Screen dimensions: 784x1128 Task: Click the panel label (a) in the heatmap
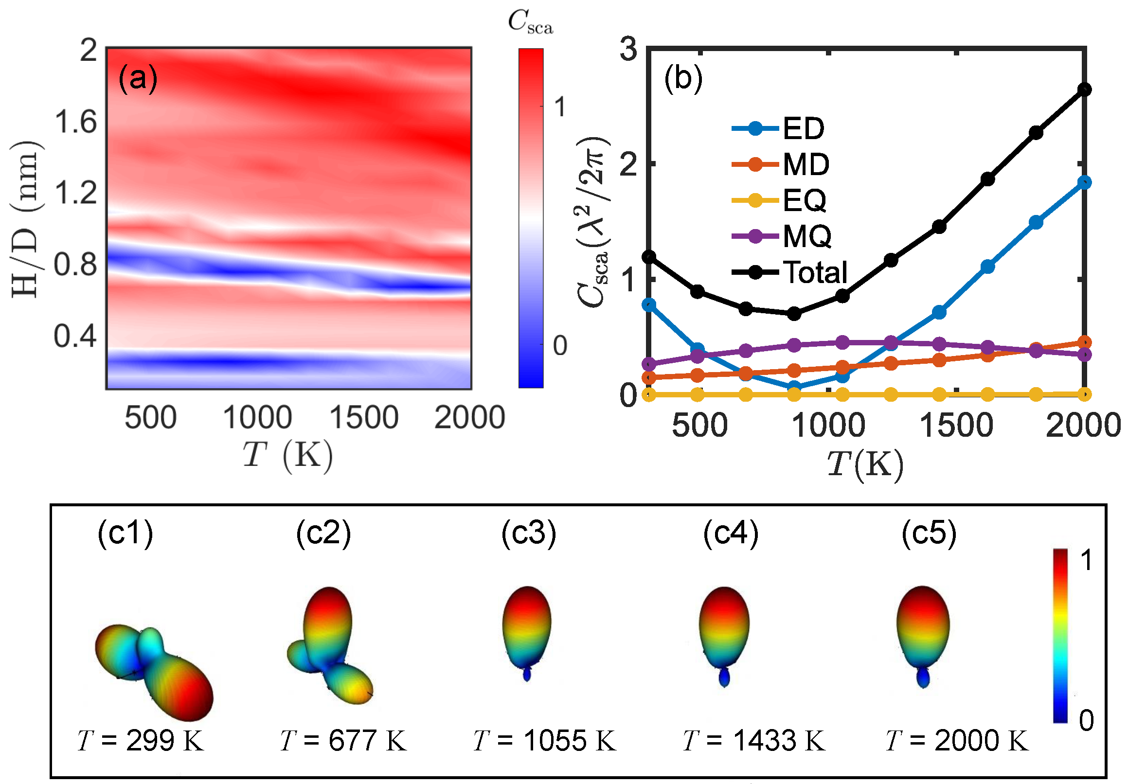(138, 79)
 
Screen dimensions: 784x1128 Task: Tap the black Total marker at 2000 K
(1084, 89)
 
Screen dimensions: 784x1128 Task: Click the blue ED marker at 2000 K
(1084, 182)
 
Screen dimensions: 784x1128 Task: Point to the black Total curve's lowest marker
(794, 313)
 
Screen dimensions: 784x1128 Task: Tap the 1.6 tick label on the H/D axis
(75, 122)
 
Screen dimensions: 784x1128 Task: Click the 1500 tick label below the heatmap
(363, 418)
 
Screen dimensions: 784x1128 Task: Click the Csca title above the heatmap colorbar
(530, 22)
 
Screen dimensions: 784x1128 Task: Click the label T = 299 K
(141, 740)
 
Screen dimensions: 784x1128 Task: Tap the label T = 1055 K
(544, 740)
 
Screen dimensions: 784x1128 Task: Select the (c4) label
(731, 533)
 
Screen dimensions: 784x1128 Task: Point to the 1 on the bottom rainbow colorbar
(1087, 560)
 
